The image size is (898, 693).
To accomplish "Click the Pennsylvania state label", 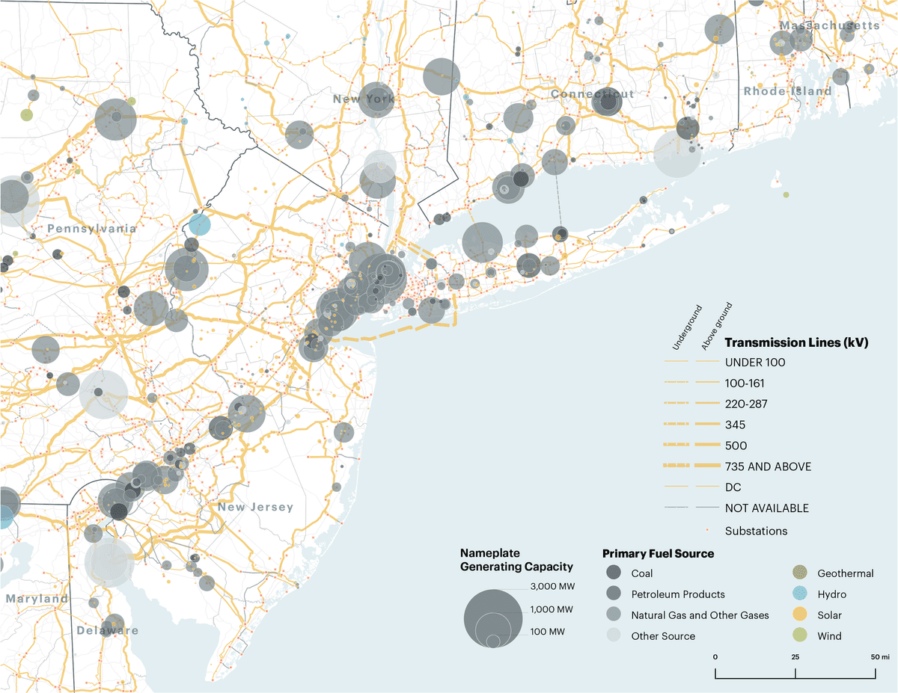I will [92, 228].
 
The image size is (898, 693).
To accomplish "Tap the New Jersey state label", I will [256, 508].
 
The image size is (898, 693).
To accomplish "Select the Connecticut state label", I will [593, 94].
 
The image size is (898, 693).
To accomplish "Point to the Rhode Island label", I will [787, 91].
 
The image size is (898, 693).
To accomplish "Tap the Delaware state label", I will [108, 630].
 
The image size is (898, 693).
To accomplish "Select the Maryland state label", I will [37, 599].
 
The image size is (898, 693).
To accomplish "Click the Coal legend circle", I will [614, 573].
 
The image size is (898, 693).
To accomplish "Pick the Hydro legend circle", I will [800, 594].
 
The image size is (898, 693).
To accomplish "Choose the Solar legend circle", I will [800, 615].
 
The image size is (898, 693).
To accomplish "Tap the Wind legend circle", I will [800, 636].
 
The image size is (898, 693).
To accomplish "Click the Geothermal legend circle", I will [800, 573].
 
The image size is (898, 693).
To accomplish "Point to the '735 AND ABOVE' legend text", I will [768, 466].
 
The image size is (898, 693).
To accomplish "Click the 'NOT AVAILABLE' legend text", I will [766, 508].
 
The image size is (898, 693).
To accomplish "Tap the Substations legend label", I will [756, 531].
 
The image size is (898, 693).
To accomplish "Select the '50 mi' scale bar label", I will [879, 656].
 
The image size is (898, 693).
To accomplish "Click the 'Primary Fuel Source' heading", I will [658, 554].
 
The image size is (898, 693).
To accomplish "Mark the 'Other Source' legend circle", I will [614, 636].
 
